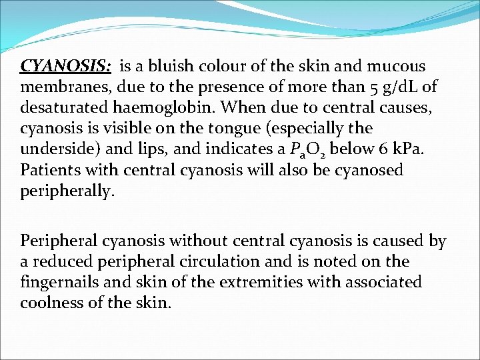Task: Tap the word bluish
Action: point(171,67)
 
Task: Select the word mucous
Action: point(396,67)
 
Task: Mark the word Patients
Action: point(51,169)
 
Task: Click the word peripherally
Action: point(67,191)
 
